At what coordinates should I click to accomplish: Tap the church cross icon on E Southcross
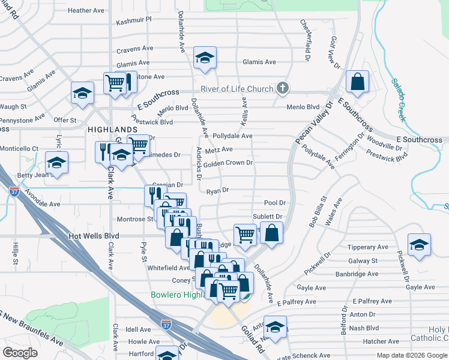[283, 89]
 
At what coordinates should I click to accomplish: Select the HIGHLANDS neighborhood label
[113, 130]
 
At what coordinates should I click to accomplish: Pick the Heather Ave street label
[86, 10]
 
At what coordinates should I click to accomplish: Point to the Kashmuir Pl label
[133, 20]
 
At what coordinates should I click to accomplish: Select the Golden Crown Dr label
[228, 163]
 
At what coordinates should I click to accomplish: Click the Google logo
[20, 353]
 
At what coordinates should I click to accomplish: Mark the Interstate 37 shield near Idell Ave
[167, 325]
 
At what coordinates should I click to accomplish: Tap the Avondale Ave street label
[42, 204]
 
